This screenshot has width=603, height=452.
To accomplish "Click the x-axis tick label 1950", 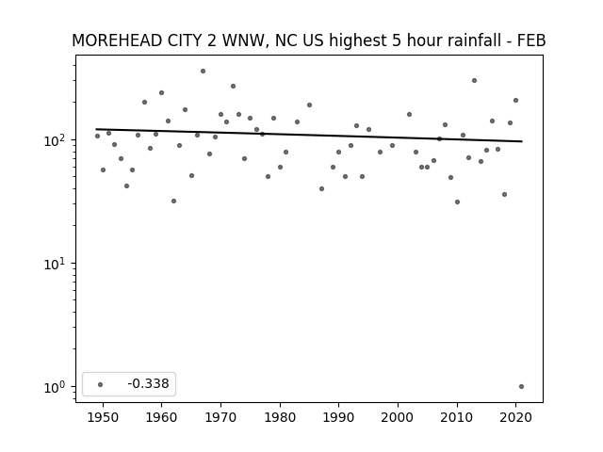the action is point(103,417).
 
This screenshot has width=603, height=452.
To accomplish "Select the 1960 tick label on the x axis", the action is point(161,417).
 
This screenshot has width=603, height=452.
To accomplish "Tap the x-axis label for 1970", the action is point(220,417).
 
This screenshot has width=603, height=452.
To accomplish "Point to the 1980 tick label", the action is point(280,417).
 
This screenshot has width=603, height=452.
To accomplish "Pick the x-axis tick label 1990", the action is point(339,417).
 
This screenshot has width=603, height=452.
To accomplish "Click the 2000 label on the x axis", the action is point(398,417).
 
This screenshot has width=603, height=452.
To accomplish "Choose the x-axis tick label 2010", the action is point(457,417).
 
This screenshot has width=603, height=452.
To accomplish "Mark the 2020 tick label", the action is point(516,417).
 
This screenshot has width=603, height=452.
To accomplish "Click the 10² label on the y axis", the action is point(57,140).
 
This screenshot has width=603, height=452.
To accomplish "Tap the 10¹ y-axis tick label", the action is point(57,264).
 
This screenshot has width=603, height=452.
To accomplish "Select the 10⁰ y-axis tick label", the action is point(57,387).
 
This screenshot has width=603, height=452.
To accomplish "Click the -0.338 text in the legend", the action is point(149,383).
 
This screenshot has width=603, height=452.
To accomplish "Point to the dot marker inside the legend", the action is point(101,384).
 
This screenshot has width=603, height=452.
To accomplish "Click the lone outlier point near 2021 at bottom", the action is point(521,387).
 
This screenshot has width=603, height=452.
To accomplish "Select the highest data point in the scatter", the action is point(204,72).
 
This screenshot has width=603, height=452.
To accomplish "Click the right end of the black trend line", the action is point(522,141).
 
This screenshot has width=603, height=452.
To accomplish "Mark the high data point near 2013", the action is point(475,81).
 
